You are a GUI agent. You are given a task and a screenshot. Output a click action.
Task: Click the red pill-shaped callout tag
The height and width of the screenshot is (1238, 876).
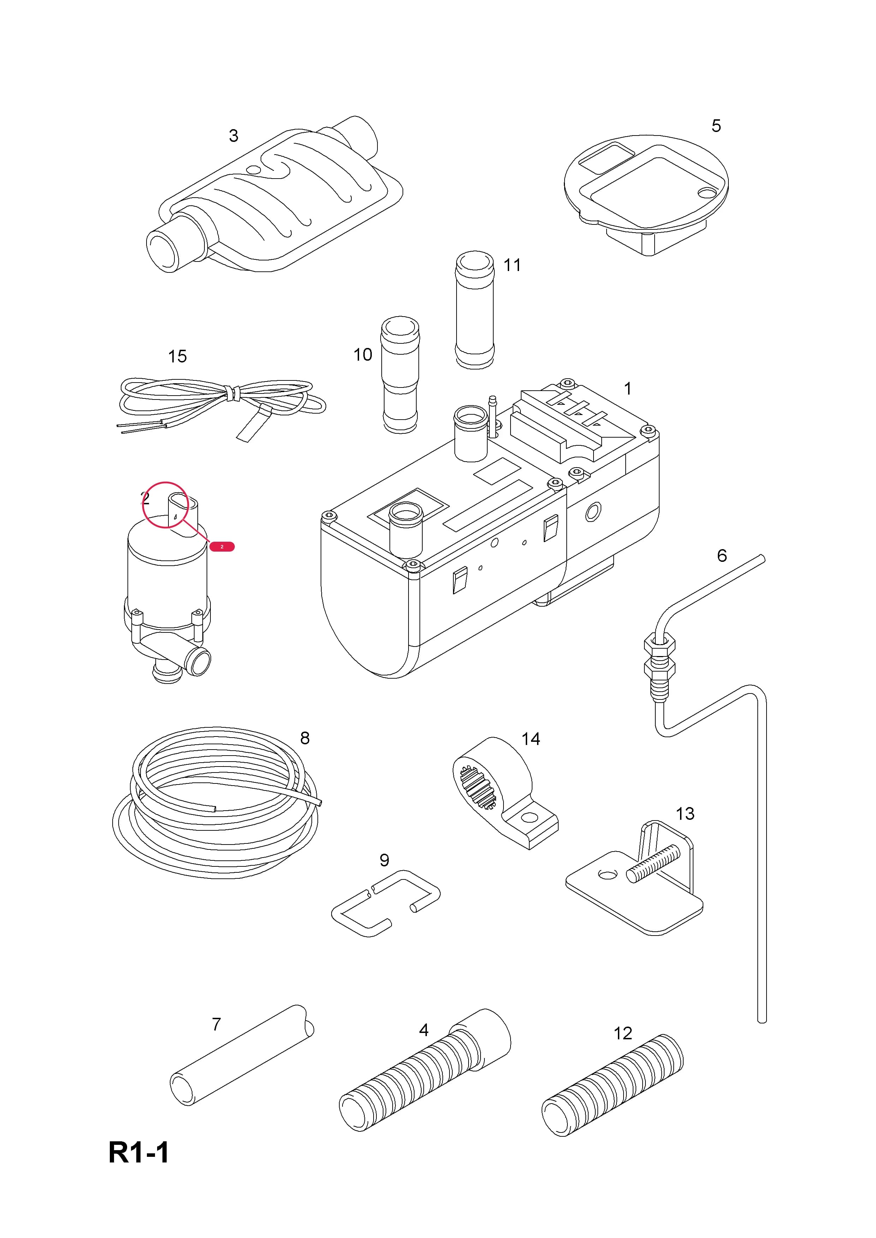pyautogui.click(x=222, y=547)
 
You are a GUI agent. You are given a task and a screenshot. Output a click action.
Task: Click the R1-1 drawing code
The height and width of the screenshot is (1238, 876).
pyautogui.click(x=139, y=1153)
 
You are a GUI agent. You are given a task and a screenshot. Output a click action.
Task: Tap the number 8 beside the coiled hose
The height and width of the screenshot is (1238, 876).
pyautogui.click(x=305, y=738)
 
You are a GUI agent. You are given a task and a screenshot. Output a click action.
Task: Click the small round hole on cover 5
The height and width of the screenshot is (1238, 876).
pyautogui.click(x=705, y=191)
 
